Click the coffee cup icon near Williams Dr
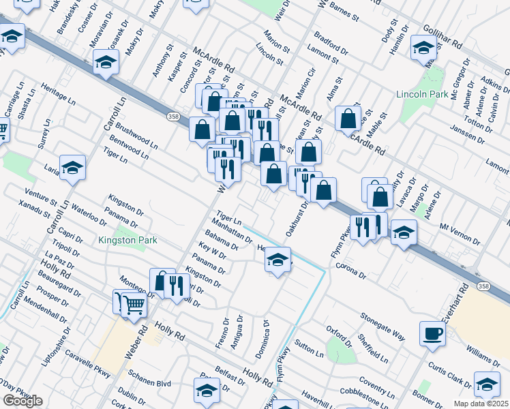click(432, 334)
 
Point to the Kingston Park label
click(127, 240)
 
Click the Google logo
click(22, 401)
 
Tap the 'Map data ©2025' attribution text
click(481, 404)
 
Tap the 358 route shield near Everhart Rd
click(483, 287)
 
